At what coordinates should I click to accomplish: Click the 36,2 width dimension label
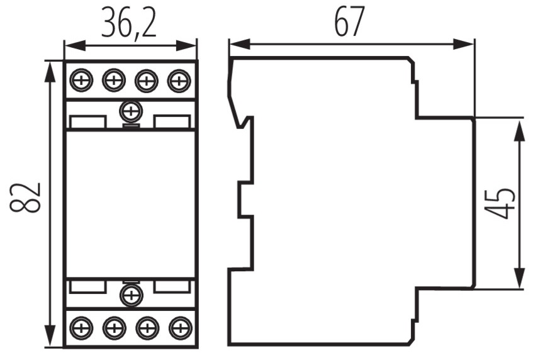point(129,23)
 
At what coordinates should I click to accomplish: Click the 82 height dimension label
point(25,198)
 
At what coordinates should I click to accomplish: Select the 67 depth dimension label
point(349,21)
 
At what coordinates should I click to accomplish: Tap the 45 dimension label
point(500,203)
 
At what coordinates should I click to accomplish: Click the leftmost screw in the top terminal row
point(82,81)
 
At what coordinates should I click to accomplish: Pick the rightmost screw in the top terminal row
point(179,81)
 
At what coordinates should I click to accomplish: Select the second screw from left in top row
point(114,81)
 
